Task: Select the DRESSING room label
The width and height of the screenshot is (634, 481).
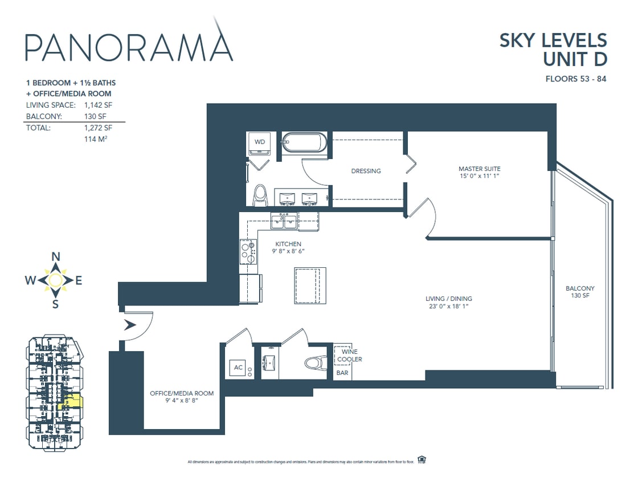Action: coord(366,171)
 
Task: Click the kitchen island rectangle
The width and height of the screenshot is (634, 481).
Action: coord(310,286)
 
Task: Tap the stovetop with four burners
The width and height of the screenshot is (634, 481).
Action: coord(248,251)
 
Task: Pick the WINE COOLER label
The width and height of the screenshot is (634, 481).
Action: coord(349,356)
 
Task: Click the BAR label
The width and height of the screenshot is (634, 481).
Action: coord(342,373)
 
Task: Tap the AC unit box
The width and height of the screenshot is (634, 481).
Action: coord(239,368)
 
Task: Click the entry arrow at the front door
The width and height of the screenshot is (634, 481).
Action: coord(130,325)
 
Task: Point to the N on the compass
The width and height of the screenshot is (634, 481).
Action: coord(56,256)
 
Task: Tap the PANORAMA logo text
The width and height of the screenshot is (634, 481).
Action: coord(129,47)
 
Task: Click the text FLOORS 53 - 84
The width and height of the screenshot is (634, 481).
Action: coord(575,79)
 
